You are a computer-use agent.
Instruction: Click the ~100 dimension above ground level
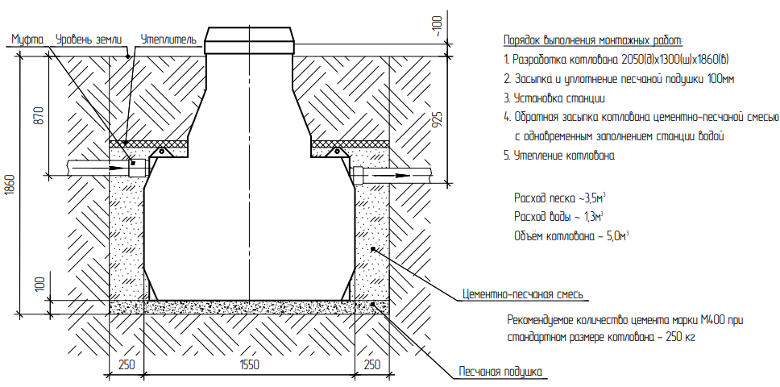click(x=438, y=27)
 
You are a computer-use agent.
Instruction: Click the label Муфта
click(x=28, y=40)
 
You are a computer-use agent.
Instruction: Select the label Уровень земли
click(x=89, y=40)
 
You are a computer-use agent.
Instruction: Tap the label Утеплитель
click(x=168, y=40)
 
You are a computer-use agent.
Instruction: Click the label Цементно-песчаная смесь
click(x=522, y=294)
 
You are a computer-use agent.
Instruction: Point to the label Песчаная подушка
click(x=500, y=372)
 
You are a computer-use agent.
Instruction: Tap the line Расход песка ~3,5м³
click(x=560, y=198)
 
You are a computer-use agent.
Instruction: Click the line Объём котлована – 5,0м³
click(x=571, y=235)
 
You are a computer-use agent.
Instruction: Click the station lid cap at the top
click(x=249, y=40)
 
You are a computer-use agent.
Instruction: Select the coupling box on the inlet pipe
click(x=139, y=168)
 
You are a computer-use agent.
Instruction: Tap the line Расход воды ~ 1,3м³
click(x=558, y=218)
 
